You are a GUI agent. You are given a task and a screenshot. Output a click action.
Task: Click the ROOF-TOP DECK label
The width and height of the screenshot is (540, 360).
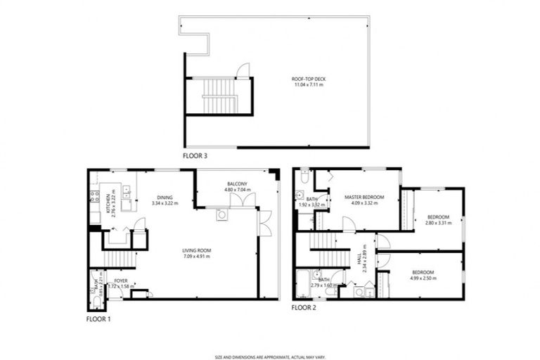[309, 79]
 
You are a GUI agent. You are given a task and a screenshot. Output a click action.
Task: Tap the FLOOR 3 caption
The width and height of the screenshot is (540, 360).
[195, 155]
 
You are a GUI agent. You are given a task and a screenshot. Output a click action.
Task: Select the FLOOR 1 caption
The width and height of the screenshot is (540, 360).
[98, 319]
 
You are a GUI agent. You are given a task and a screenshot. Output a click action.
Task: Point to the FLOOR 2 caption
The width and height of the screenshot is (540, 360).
[304, 307]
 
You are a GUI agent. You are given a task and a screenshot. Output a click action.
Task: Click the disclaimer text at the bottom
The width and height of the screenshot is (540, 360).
[269, 337]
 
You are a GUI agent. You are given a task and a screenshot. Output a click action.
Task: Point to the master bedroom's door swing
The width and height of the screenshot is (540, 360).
[347, 224]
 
